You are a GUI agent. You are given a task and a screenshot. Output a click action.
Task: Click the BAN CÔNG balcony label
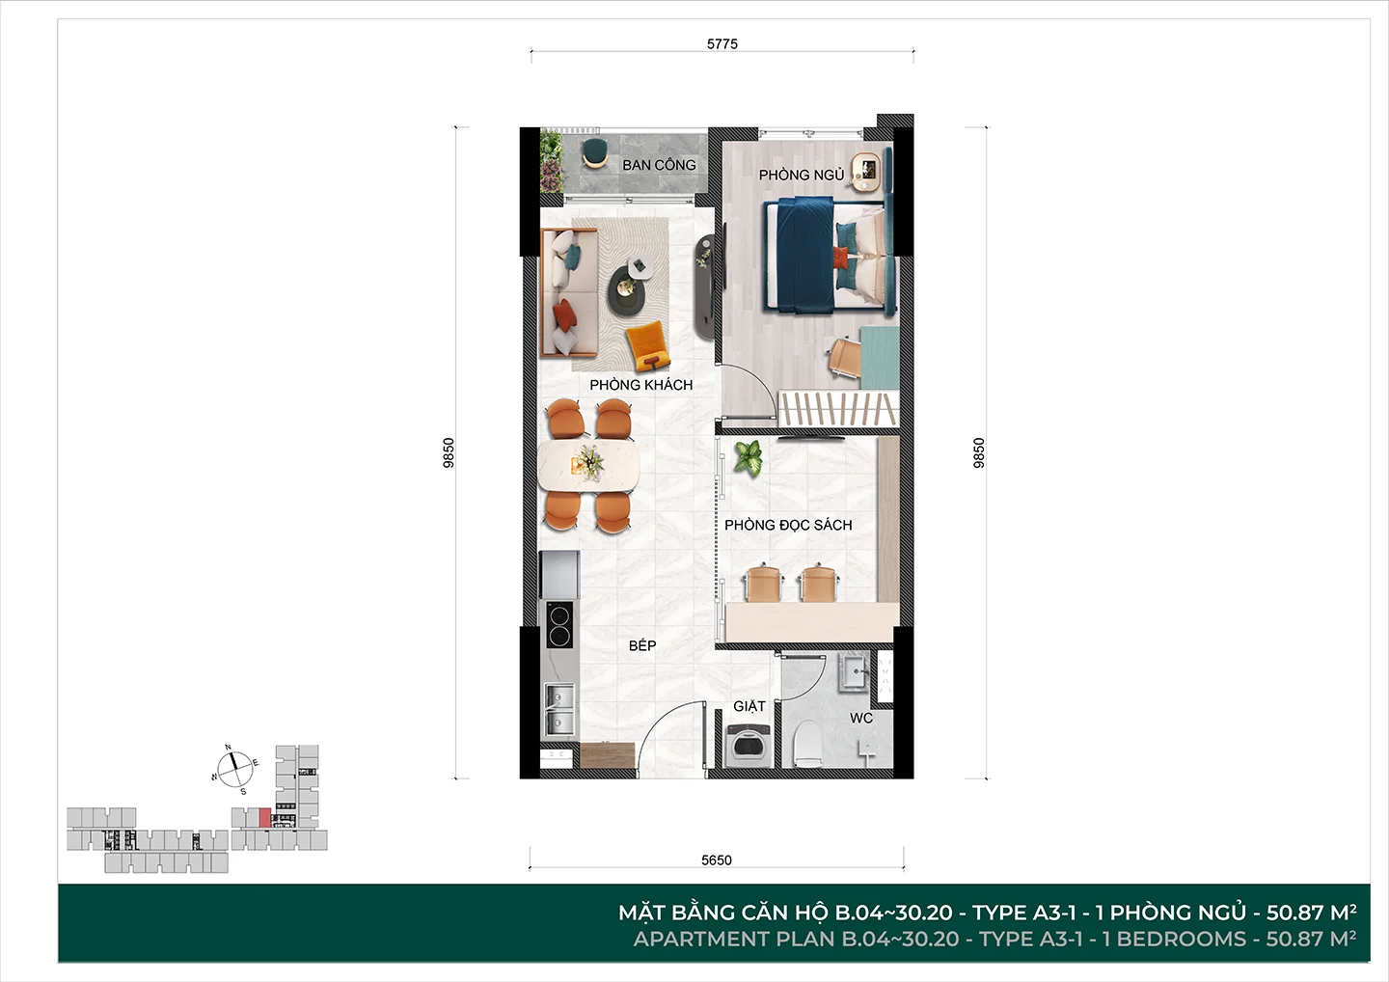point(659,165)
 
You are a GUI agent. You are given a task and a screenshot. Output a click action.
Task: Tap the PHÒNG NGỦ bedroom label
point(802,176)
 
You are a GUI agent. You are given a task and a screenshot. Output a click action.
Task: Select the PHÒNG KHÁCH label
point(641,385)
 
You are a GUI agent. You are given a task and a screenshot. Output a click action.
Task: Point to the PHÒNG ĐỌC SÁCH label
point(788,525)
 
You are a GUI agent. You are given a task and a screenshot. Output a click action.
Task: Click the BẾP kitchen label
point(642,645)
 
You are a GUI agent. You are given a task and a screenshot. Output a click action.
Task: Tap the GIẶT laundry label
point(749,706)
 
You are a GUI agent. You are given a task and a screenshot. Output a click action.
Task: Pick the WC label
point(861,718)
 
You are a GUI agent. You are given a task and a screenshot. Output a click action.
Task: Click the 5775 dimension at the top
point(722,44)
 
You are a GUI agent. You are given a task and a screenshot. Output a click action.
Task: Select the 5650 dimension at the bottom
point(717,860)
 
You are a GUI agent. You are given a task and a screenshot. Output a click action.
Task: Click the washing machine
point(748,746)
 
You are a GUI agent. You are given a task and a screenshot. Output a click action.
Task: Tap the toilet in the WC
point(807,744)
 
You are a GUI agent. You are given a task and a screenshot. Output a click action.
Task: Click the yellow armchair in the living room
point(648,346)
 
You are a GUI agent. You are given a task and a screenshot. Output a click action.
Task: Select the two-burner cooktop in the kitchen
point(559,624)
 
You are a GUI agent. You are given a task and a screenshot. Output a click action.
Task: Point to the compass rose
point(234,770)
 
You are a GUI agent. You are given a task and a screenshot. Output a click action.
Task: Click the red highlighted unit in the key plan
point(264,818)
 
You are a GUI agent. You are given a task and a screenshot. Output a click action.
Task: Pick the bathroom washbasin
point(855,672)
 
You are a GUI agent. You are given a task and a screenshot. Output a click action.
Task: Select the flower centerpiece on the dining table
point(587,462)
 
